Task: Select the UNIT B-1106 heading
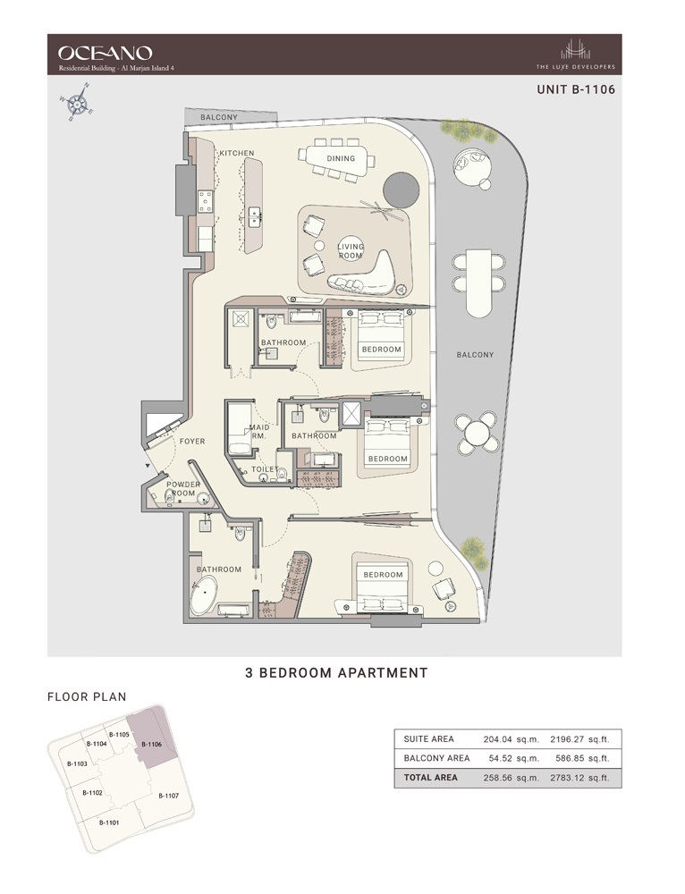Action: coord(575,89)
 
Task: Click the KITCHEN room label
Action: coord(237,153)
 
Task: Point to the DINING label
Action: coord(341,159)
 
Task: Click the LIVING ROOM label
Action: coord(350,250)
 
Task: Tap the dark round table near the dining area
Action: coord(401,190)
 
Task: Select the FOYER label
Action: coord(192,441)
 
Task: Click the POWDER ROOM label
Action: coord(184,489)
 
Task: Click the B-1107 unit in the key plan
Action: coord(168,795)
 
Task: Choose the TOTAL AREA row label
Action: coord(431,778)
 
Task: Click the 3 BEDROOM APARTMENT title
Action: coord(336,672)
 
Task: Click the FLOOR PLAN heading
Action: coord(87,696)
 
